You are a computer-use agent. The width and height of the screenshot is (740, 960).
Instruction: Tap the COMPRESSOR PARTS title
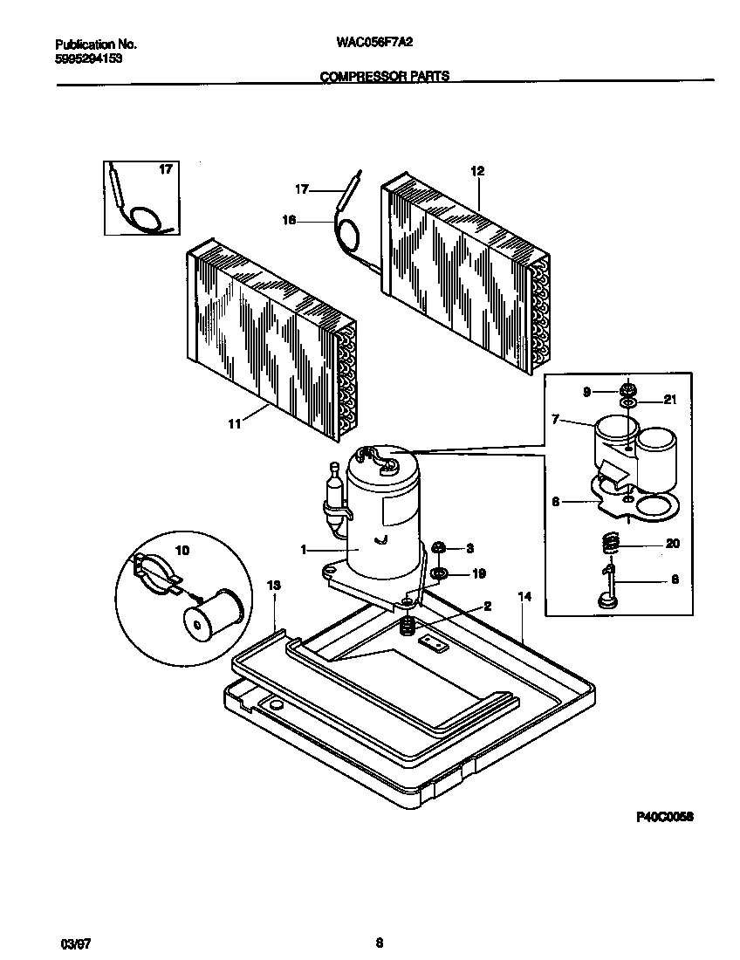(x=385, y=76)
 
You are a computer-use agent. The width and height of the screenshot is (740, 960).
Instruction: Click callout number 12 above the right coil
(x=476, y=171)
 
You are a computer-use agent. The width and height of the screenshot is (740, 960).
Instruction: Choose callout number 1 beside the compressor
(x=304, y=550)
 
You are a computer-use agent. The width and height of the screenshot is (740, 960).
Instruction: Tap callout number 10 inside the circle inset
(x=182, y=551)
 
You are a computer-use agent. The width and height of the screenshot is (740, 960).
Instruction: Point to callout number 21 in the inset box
(x=670, y=400)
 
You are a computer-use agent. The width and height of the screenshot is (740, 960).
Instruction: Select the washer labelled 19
(x=440, y=573)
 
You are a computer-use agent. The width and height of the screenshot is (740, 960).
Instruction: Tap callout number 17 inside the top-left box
(x=164, y=169)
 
